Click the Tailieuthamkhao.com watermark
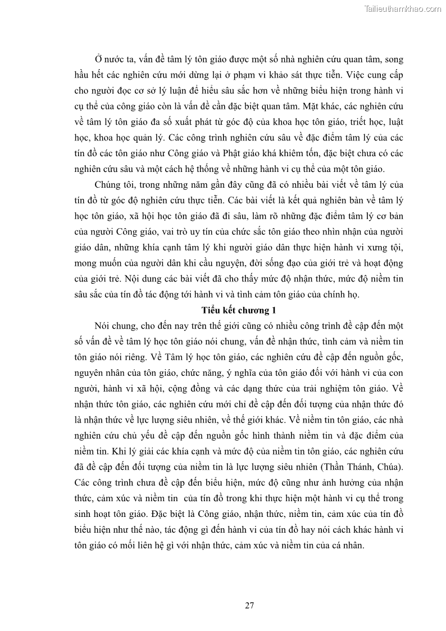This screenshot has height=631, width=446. pyautogui.click(x=403, y=8)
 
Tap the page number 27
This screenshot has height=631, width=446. pyautogui.click(x=250, y=605)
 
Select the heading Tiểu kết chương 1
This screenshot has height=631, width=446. pyautogui.click(x=239, y=310)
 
